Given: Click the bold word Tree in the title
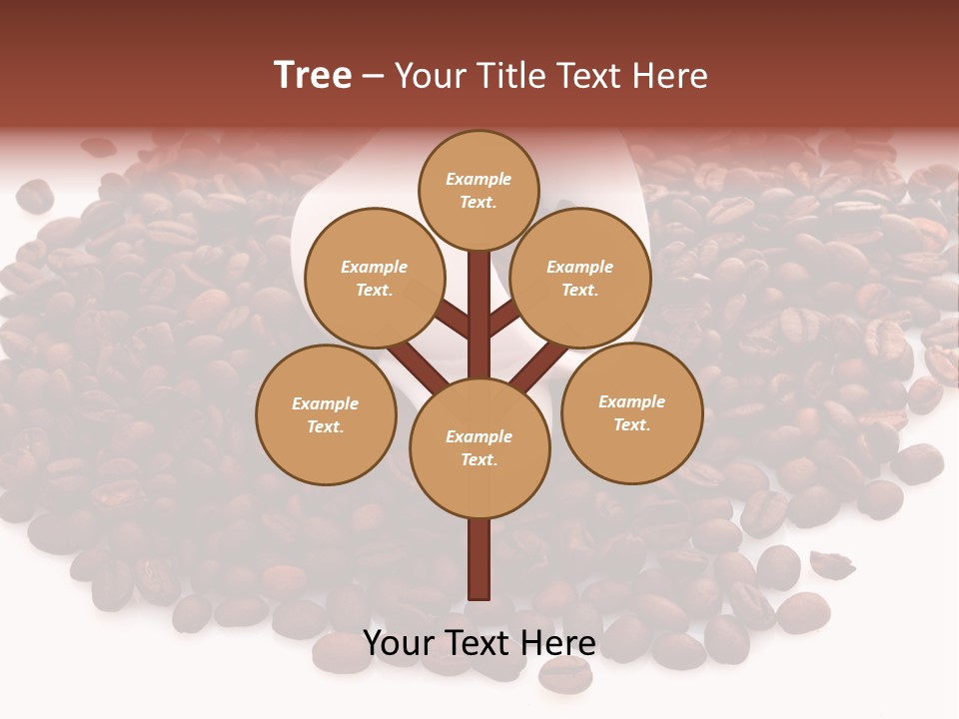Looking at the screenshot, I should click(313, 76).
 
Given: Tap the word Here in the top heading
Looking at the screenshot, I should click(670, 76).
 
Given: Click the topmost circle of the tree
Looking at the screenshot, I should click(479, 191).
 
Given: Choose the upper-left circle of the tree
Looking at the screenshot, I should click(374, 279).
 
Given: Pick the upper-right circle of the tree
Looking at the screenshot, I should click(580, 279).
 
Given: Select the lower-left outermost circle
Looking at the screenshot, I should click(326, 415).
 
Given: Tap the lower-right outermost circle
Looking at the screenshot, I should click(631, 413).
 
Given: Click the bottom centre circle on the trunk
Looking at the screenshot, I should click(479, 448).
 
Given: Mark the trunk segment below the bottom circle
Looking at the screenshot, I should click(479, 559).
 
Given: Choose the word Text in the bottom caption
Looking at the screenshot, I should click(478, 644).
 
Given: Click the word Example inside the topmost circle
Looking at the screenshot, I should click(479, 180).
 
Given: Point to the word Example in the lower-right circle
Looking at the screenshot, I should click(631, 402).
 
